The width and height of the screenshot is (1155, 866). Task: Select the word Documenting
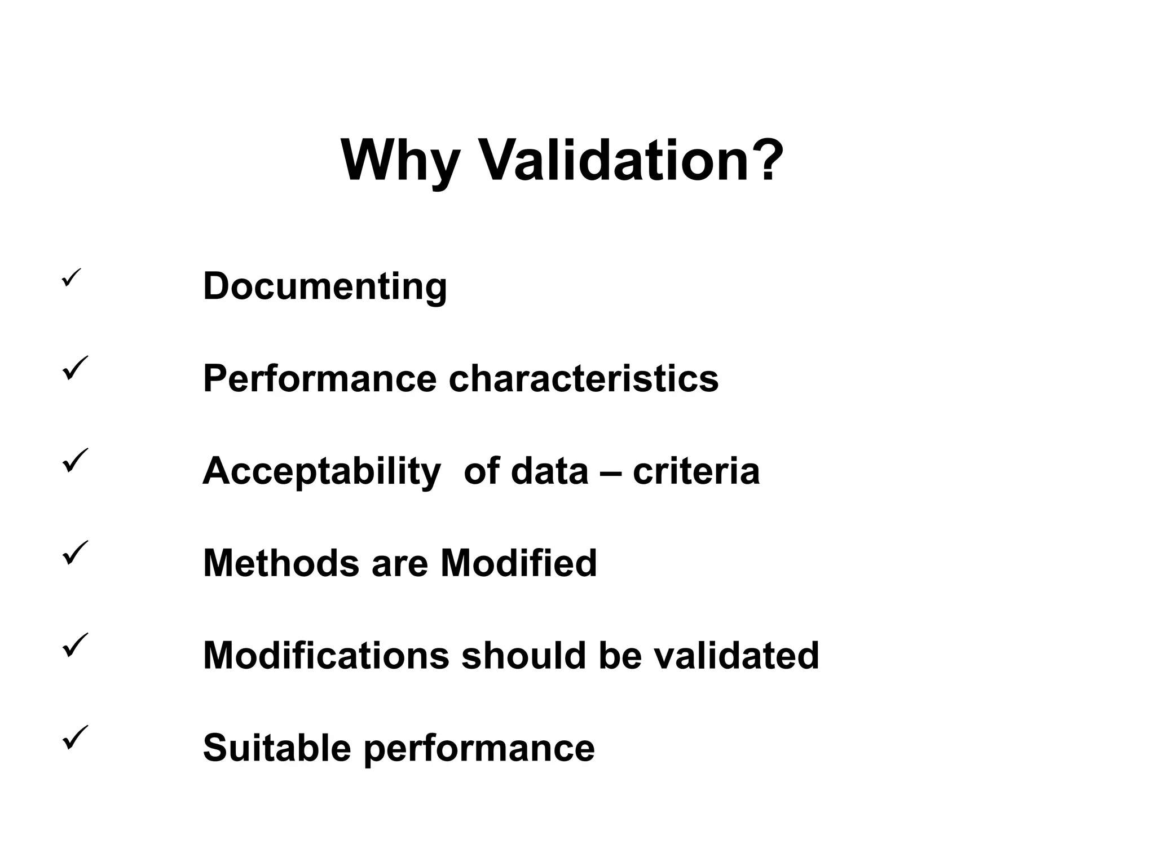[x=325, y=287]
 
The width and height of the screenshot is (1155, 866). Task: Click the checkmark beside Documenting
[x=72, y=277]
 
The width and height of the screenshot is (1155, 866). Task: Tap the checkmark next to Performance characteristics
[x=75, y=368]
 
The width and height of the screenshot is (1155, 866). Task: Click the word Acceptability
[x=321, y=471]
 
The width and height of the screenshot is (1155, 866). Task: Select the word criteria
[x=696, y=471]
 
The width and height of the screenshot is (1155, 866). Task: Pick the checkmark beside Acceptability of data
[x=75, y=460]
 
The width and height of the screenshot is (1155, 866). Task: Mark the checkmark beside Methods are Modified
[x=75, y=553]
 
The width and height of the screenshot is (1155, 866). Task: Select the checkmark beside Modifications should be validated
[x=75, y=645]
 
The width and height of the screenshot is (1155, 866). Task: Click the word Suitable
[x=277, y=748]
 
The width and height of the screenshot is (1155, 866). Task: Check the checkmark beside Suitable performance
[x=75, y=737]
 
